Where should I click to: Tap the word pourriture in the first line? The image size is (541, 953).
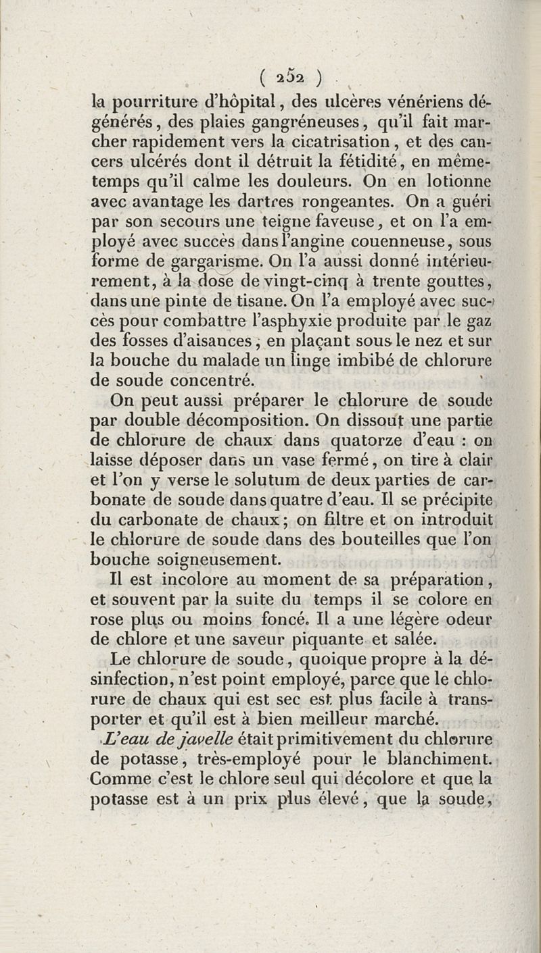(x=147, y=103)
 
